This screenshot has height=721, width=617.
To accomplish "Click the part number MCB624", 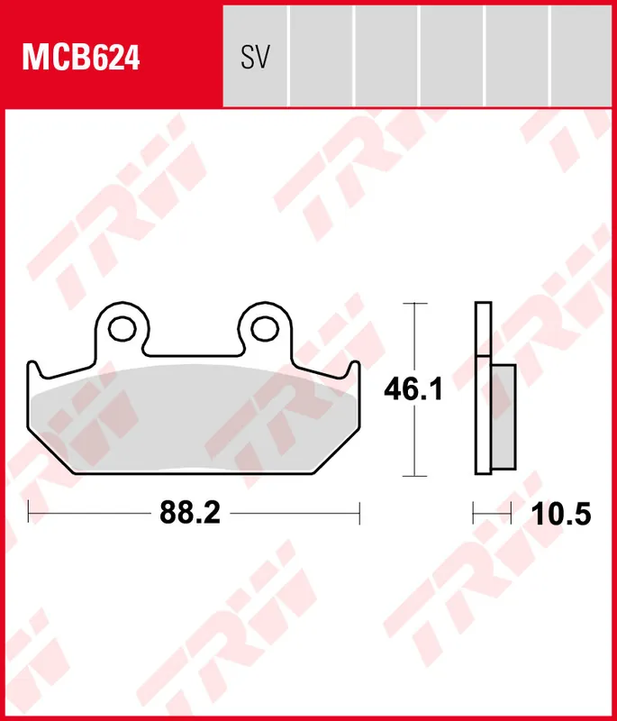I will coord(82,59).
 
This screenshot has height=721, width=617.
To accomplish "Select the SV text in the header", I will coord(255,58).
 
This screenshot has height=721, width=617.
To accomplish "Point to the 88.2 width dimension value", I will coord(190,514).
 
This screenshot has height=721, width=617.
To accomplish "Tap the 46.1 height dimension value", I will coord(413,390).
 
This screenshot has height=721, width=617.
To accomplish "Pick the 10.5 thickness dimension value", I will coord(560,514).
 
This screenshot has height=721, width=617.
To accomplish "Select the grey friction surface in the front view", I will coord(194,419).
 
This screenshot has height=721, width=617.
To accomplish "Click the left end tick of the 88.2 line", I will coord(30,514).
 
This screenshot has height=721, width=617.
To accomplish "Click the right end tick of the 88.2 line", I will coord(359,514).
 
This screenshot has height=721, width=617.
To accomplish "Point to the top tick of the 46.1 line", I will coord(413,304).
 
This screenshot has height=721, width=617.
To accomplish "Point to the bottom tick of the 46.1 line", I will coord(413,475).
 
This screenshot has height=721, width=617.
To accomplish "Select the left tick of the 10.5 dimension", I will coord(474,514).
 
